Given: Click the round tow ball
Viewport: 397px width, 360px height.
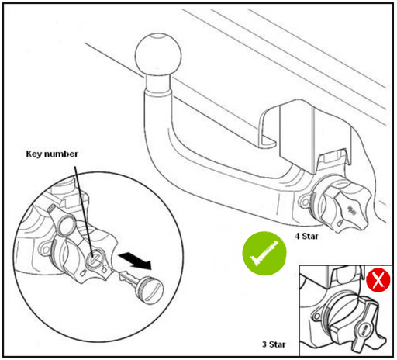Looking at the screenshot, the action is (x=158, y=55).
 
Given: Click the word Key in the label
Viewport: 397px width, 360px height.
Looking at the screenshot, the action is (x=34, y=154).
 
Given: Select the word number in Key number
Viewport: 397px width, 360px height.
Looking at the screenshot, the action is (x=60, y=154).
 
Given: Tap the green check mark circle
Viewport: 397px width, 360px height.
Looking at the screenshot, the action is (x=264, y=253).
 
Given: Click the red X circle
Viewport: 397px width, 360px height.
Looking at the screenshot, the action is (x=378, y=280).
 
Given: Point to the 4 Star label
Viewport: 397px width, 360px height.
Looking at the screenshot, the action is (x=306, y=236).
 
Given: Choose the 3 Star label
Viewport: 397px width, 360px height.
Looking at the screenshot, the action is (x=274, y=344).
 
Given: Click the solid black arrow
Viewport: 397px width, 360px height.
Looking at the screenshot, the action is (x=135, y=261).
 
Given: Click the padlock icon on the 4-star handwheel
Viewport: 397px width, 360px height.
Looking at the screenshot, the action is (x=340, y=223).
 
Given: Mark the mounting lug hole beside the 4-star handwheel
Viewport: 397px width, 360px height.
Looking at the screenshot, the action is (x=305, y=202).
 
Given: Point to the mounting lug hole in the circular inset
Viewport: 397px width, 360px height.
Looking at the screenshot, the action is (x=46, y=250).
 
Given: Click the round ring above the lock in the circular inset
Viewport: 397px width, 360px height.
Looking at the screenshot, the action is (x=67, y=227).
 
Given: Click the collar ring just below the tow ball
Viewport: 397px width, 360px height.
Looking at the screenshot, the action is (x=157, y=91).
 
